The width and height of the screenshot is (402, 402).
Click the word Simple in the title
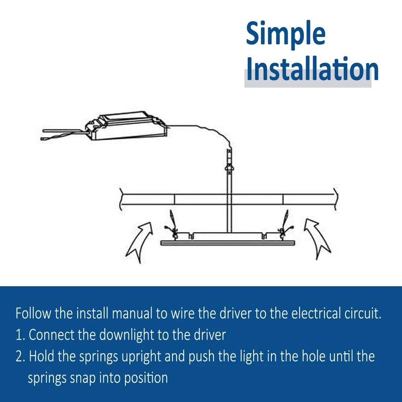pyautogui.click(x=285, y=35)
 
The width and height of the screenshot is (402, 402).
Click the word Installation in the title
pyautogui.click(x=312, y=68)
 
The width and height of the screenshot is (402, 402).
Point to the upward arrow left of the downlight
pyautogui.click(x=140, y=241)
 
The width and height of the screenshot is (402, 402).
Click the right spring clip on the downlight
pyautogui.click(x=285, y=225)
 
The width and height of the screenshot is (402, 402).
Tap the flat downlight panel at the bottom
pyautogui.click(x=228, y=242)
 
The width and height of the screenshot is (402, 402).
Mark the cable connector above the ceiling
pyautogui.click(x=230, y=162)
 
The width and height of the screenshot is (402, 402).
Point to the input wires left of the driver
pyautogui.click(x=64, y=135)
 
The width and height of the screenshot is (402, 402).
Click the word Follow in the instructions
pyautogui.click(x=33, y=313)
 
